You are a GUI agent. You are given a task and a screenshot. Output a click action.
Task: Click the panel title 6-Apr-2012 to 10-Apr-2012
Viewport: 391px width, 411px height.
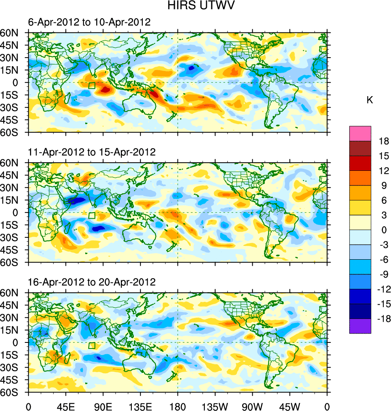pos(89,22)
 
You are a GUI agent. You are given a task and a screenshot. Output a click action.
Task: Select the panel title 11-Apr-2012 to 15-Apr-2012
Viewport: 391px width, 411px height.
pos(92,152)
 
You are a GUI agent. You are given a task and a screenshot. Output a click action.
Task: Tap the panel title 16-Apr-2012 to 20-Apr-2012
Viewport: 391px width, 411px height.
pos(92,282)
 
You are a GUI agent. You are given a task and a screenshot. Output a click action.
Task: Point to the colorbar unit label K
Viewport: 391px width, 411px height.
pos(370,100)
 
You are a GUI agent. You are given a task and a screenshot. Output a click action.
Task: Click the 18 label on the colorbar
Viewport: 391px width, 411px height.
pos(383,141)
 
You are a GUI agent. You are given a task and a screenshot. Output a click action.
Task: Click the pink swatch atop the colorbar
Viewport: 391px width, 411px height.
pos(360,133)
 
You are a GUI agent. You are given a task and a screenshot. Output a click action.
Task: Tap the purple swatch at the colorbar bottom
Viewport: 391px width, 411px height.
pos(360,326)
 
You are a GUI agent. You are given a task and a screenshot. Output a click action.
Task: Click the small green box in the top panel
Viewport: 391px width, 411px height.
pos(92,85)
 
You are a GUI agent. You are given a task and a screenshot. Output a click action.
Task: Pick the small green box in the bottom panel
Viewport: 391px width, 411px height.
pos(92,345)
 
